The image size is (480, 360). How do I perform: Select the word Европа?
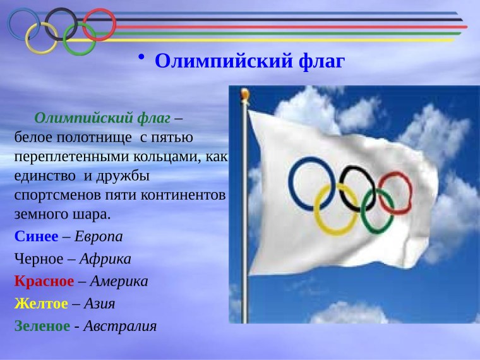tap(99, 237)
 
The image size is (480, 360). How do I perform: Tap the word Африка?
tap(106, 259)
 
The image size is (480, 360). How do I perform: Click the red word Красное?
tap(43, 281)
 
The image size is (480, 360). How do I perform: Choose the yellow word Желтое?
tap(40, 303)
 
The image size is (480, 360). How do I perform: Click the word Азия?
tap(100, 303)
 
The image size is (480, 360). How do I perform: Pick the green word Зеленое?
tap(41, 326)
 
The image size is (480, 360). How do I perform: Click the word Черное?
tap(37, 259)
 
